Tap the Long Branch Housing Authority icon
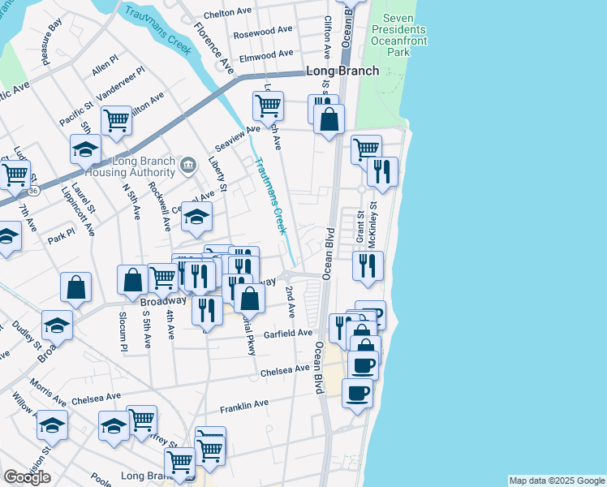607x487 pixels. point(189,166)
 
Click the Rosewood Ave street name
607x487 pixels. point(262,33)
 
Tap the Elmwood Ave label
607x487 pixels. point(266,54)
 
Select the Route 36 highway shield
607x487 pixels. point(32,192)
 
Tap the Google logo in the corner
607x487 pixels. point(27,476)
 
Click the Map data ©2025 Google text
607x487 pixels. point(556,481)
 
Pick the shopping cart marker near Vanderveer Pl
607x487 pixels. point(117,121)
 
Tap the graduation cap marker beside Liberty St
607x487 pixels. point(196,217)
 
